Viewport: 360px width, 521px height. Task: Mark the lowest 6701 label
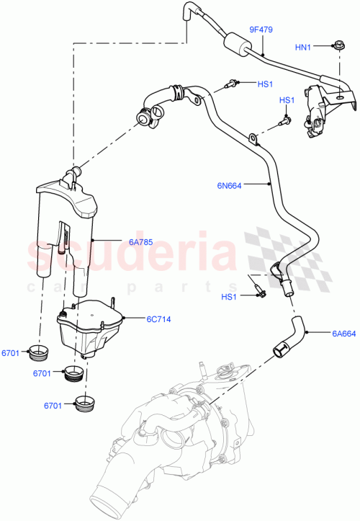(x=53, y=406)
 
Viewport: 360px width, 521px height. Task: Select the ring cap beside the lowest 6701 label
(x=86, y=402)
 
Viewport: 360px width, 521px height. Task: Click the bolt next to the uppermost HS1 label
(x=233, y=84)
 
